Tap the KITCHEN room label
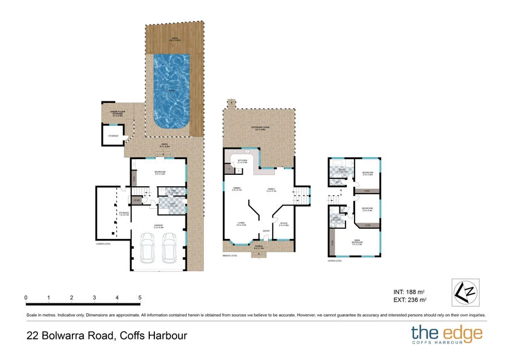click(x=242, y=161)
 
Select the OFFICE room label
click(x=283, y=224)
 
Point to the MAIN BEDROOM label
click(x=357, y=242)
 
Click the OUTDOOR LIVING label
click(x=260, y=128)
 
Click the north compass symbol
click(x=465, y=292)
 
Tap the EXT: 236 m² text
click(x=409, y=300)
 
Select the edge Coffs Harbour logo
click(x=446, y=335)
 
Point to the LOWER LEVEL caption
click(x=103, y=244)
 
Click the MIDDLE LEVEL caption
click(x=230, y=255)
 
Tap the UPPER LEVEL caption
click(x=335, y=262)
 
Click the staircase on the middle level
click(x=303, y=196)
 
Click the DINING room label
click(x=236, y=190)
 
